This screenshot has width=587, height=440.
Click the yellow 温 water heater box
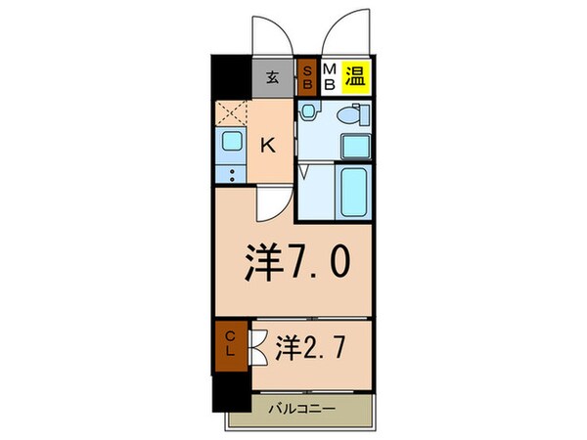355,77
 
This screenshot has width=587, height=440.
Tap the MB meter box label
329,77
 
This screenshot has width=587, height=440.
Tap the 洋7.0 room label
293,261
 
